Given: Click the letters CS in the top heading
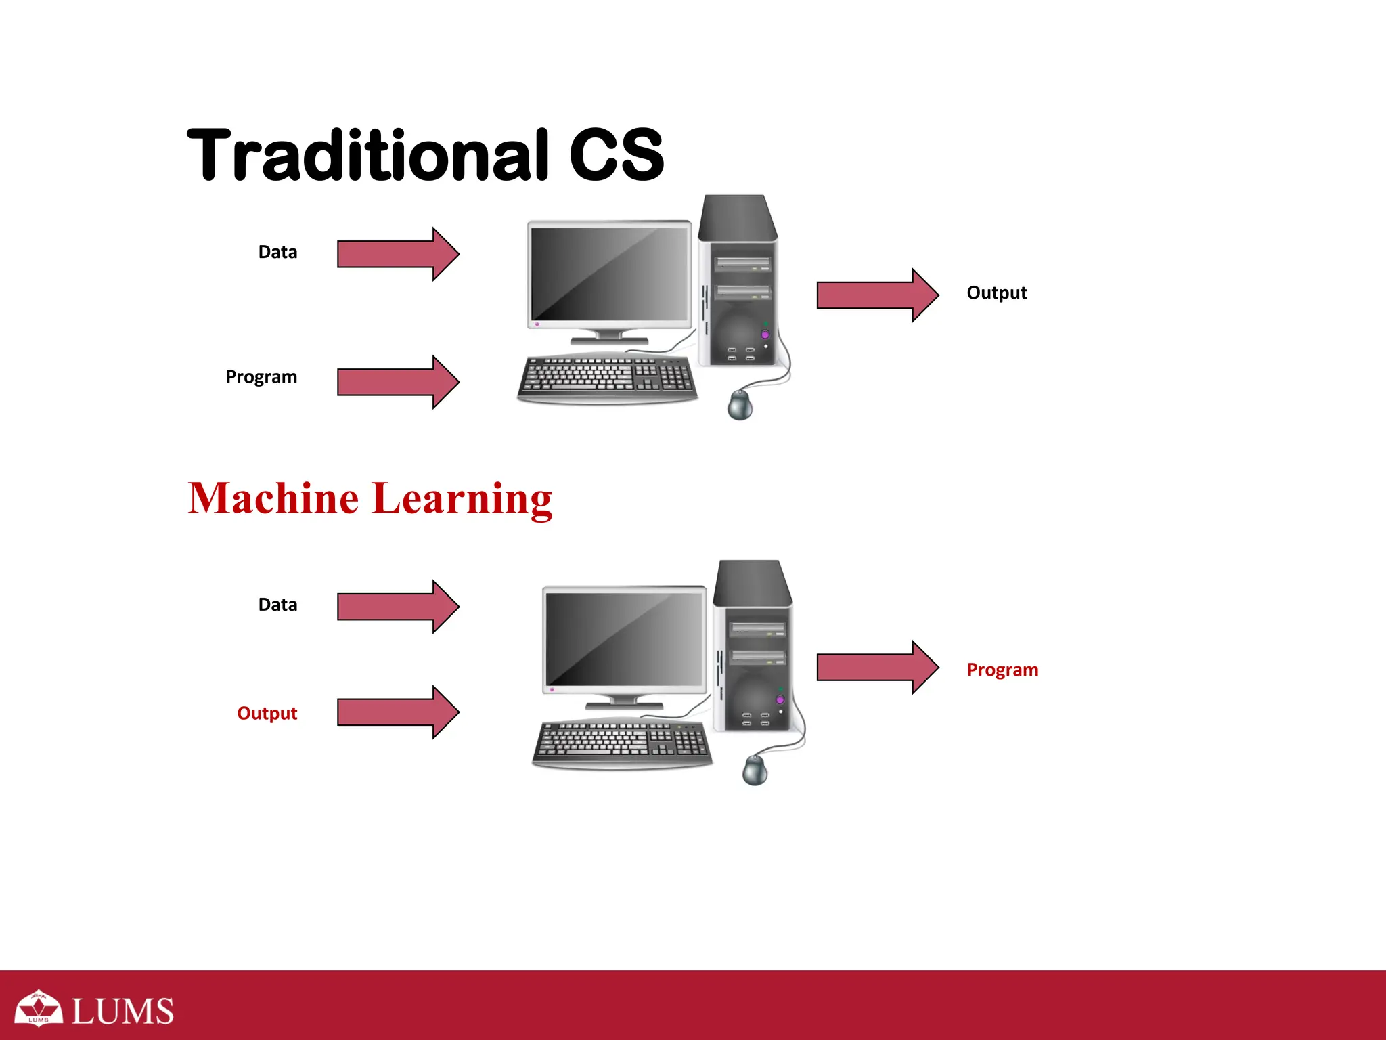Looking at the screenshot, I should [616, 156].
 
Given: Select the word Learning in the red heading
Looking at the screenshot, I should [462, 500].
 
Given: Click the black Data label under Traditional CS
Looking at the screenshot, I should [277, 253].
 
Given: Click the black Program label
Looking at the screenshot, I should [261, 377].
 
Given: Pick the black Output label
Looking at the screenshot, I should [996, 293].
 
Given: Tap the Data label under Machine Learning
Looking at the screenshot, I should [277, 605].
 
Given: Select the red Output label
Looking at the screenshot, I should [267, 714].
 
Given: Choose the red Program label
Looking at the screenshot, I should [1002, 670].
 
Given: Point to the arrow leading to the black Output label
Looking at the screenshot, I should [877, 295].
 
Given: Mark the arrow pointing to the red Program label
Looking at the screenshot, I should [877, 668].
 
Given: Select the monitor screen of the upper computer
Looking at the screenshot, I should [609, 274].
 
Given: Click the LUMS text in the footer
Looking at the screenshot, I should [122, 1012].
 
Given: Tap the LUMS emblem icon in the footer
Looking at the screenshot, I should [39, 1008].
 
